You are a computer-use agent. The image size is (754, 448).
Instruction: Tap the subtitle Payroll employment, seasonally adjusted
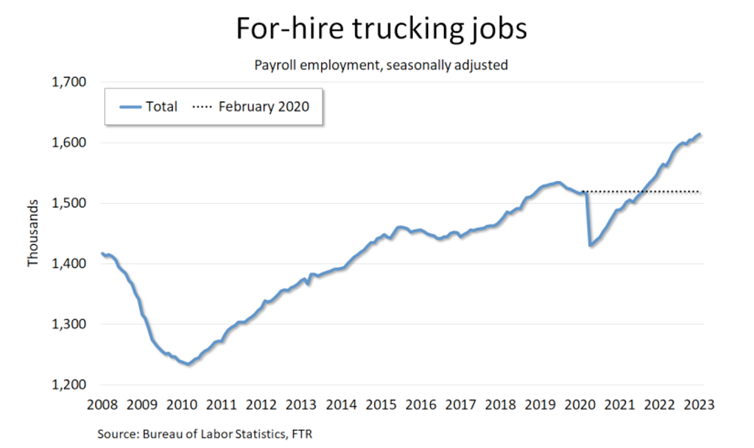point(381,65)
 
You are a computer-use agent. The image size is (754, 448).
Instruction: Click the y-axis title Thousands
point(33,233)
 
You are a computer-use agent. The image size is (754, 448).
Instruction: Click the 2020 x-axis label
point(581,403)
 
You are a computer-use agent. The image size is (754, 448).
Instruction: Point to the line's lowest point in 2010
point(188,364)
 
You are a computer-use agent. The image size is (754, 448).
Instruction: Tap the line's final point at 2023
point(701,134)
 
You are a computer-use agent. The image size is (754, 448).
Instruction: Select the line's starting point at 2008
point(101,253)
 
